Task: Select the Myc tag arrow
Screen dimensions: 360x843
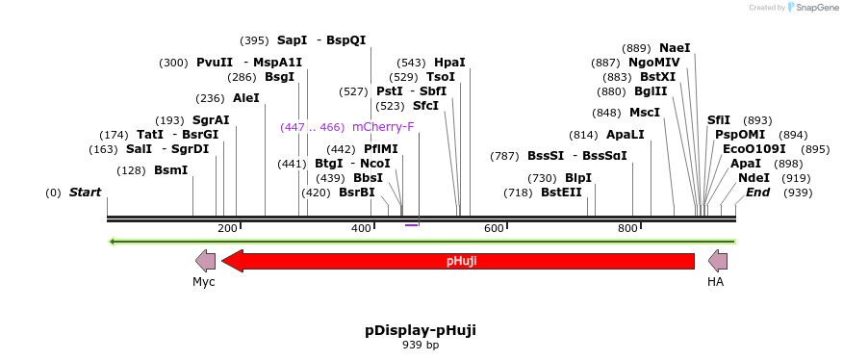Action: coord(205,260)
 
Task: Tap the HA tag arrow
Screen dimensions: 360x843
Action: coord(718,260)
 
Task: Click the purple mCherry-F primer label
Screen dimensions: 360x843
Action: coord(383,127)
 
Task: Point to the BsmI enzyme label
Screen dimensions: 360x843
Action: coord(171,170)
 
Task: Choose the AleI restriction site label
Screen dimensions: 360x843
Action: coord(246,98)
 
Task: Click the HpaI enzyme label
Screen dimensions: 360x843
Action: coord(449,63)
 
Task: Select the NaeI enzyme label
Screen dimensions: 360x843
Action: coord(675,48)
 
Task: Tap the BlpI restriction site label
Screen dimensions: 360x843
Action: coord(578,178)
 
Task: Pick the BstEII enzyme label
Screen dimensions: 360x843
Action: coord(561,193)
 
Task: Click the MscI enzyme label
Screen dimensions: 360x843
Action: coord(645,113)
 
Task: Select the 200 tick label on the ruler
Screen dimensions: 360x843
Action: coord(227,228)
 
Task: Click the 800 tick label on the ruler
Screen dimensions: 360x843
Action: coord(627,228)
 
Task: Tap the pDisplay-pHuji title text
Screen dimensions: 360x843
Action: coord(421,330)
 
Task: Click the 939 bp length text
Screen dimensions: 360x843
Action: coord(421,345)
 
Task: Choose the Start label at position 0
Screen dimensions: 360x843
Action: coord(85,193)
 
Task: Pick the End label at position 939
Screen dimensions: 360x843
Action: coord(757,193)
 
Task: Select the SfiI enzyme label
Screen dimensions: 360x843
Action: coord(719,120)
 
